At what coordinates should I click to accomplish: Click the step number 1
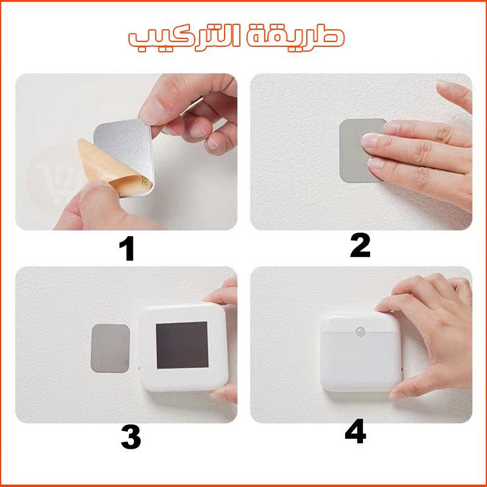pyautogui.click(x=127, y=248)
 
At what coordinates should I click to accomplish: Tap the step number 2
pyautogui.click(x=360, y=246)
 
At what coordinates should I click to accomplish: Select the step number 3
pyautogui.click(x=131, y=437)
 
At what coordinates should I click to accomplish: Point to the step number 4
pyautogui.click(x=356, y=431)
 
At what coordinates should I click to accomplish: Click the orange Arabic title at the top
pyautogui.click(x=237, y=38)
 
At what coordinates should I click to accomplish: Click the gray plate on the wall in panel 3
pyautogui.click(x=110, y=348)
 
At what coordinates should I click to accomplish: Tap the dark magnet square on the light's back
pyautogui.click(x=182, y=345)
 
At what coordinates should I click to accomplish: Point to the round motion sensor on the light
pyautogui.click(x=361, y=331)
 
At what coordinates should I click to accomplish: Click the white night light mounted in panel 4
pyautogui.click(x=361, y=352)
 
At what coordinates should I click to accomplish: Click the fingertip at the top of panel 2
pyautogui.click(x=454, y=93)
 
